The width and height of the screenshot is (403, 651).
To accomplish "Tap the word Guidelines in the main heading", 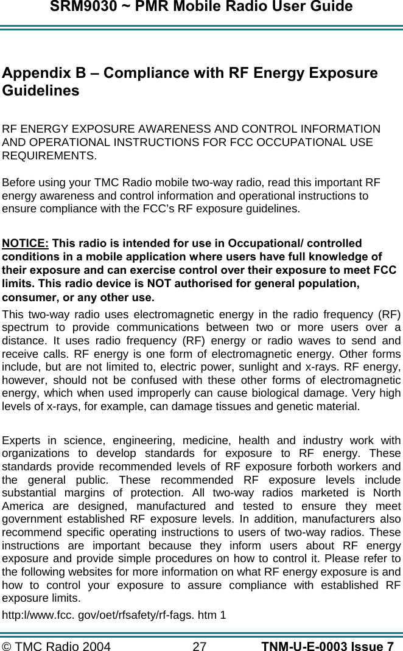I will pyautogui.click(x=41, y=91).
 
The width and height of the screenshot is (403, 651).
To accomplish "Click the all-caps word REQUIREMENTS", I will pyautogui.click(x=49, y=156).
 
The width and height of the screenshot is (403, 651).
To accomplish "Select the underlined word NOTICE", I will pyautogui.click(x=26, y=243).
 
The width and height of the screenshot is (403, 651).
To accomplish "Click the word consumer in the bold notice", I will pyautogui.click(x=27, y=298).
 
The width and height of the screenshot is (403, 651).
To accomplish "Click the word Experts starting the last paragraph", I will pyautogui.click(x=22, y=440).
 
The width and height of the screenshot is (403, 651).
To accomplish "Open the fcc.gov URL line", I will pyautogui.click(x=114, y=615).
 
